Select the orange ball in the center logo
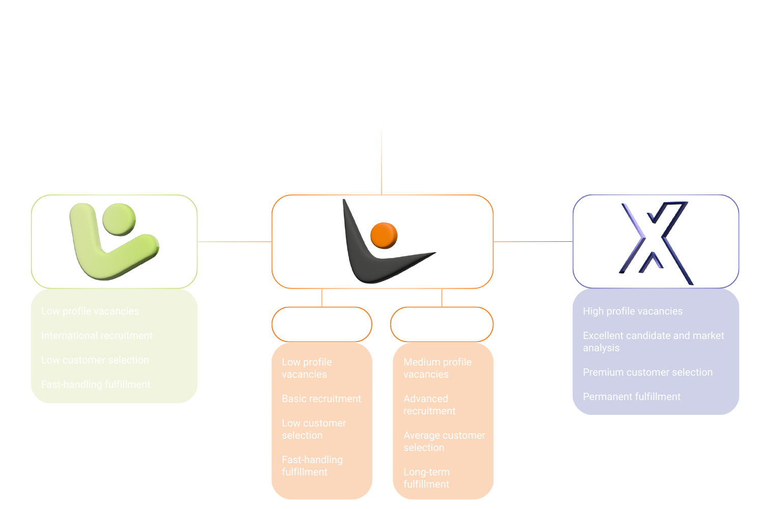(384, 235)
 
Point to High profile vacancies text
(633, 312)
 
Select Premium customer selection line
(648, 373)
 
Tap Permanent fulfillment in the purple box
(631, 397)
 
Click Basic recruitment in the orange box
(321, 399)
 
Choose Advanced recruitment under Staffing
(429, 405)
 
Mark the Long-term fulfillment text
(426, 478)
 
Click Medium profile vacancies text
(437, 368)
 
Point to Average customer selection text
(444, 441)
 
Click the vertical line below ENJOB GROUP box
(382, 158)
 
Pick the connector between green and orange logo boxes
(234, 242)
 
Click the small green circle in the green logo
(119, 219)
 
